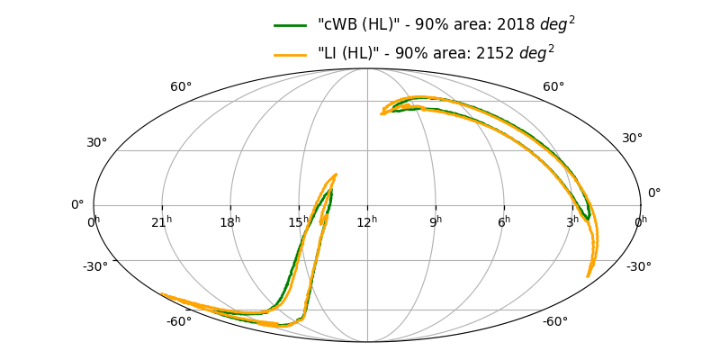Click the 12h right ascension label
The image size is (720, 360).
tap(367, 220)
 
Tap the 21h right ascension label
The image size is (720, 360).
tap(162, 220)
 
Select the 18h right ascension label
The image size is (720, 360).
tap(230, 220)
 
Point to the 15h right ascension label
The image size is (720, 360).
tap(299, 220)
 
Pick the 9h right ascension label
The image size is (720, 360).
tap(436, 220)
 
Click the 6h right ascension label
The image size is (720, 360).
tap(504, 220)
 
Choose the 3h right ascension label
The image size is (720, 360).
tap(572, 220)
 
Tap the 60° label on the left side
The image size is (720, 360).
tap(181, 87)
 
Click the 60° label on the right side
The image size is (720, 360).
tap(553, 87)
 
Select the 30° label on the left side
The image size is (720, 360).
tap(96, 142)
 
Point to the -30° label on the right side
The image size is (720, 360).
tap(638, 266)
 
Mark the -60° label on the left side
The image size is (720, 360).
tap(178, 322)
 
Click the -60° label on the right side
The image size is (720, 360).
tap(554, 322)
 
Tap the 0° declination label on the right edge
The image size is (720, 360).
tap(654, 193)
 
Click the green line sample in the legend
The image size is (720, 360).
tap(291, 25)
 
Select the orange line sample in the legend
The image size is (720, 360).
tap(291, 54)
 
